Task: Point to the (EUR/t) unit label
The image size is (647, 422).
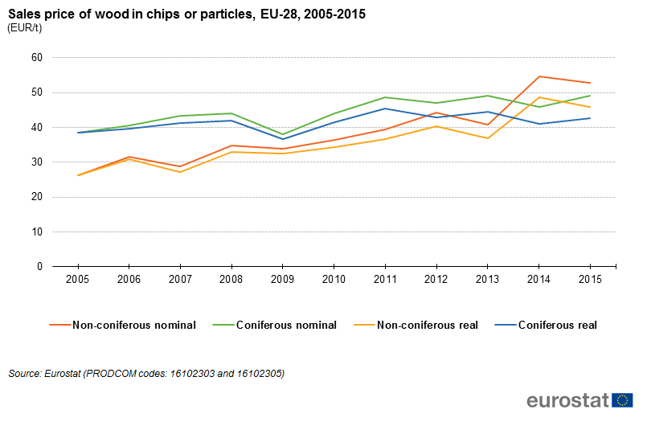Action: pos(24,28)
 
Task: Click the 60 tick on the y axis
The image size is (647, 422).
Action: pos(36,58)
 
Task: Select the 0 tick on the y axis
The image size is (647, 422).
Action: pos(39,267)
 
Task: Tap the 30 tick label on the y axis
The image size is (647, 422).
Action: pos(36,162)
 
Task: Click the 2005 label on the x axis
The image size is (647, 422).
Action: pos(77,279)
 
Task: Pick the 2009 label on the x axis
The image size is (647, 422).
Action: pos(282,279)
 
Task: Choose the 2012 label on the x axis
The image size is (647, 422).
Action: pos(436,279)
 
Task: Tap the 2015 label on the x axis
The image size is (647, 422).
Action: pos(590,279)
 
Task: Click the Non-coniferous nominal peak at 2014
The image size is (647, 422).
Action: pos(539,76)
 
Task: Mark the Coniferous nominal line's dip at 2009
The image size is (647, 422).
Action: pos(283,134)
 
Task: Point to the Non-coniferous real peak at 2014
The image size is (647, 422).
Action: pos(539,97)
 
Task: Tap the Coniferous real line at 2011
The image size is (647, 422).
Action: pos(385,109)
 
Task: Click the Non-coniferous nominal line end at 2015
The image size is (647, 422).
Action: pos(590,83)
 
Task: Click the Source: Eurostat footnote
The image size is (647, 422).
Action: pos(146,374)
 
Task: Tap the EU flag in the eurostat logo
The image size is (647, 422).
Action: pos(622,400)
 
